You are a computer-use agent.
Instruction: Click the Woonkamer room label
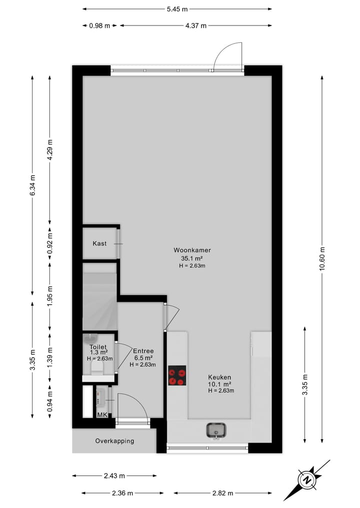pos(192,250)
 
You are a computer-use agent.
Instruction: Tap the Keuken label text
pos(220,378)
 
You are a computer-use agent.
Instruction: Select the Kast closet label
pos(99,243)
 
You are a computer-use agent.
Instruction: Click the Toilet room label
pos(98,347)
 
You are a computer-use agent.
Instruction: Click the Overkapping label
pos(114,441)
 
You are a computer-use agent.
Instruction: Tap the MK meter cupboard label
pos(102,415)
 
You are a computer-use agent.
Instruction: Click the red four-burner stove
pos(177,376)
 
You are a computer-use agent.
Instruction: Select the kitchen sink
pos(216,430)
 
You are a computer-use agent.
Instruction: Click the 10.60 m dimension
pos(322,259)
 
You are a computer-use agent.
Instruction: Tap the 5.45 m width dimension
pos(177,9)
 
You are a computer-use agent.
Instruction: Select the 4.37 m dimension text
pos(195,26)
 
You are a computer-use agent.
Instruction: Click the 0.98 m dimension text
pos(99,26)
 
